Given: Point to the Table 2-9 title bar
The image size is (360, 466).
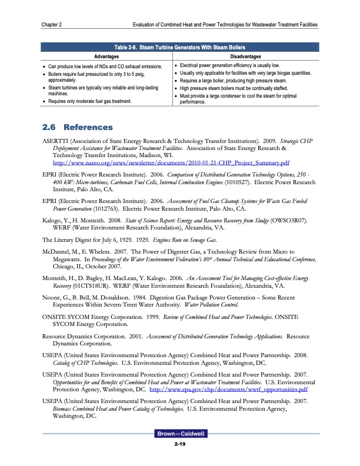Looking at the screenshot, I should pyautogui.click(x=180, y=47).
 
